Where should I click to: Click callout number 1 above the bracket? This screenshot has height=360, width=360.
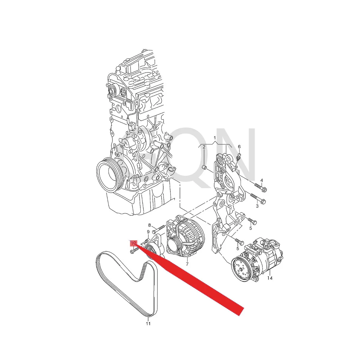(215, 138)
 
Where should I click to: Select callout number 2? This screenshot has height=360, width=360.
(204, 147)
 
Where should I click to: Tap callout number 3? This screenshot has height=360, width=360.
(257, 206)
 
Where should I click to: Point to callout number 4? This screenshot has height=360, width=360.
(261, 180)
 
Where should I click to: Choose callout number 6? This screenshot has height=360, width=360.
(239, 147)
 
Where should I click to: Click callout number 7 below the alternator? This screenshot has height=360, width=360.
(187, 264)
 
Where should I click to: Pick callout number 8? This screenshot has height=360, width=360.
(149, 225)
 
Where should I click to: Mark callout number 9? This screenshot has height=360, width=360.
(148, 232)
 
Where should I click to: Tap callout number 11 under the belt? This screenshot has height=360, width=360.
(148, 323)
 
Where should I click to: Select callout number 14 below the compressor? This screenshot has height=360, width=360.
(270, 278)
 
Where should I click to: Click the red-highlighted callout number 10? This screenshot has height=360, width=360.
(133, 243)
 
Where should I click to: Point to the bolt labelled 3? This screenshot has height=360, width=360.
(256, 198)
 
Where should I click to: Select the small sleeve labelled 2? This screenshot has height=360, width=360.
(204, 167)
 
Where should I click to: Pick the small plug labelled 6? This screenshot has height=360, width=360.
(239, 156)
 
